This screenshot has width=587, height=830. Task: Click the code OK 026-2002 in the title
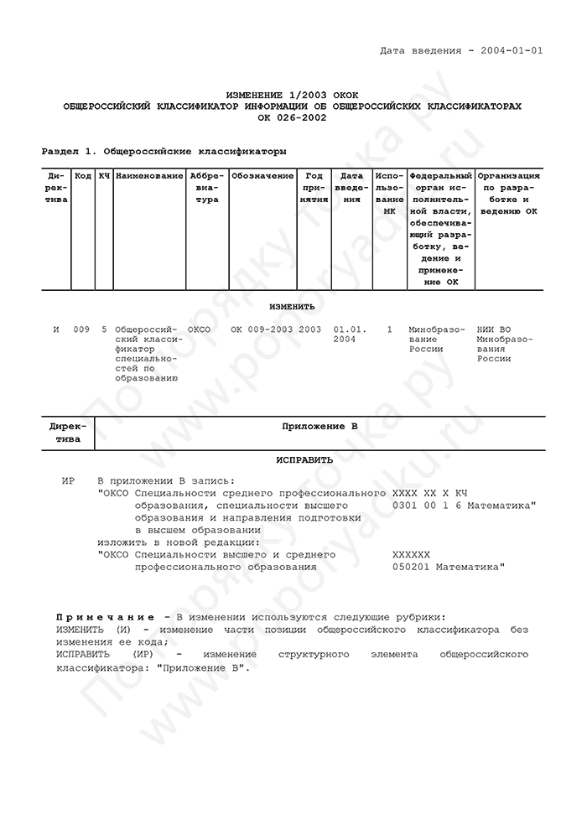click(292, 117)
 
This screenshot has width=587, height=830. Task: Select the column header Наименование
click(149, 176)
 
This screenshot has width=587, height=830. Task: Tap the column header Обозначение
click(262, 176)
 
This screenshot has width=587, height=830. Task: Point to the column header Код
click(83, 176)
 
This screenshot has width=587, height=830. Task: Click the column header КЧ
click(104, 176)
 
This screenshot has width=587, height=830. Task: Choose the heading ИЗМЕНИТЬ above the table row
click(292, 307)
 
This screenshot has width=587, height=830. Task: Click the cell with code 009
click(81, 329)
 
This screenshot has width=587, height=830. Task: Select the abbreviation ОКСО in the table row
click(200, 329)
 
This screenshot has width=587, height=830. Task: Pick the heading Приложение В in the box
click(319, 427)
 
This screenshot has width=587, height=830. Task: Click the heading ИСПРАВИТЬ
click(304, 459)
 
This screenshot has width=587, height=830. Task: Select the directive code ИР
click(69, 481)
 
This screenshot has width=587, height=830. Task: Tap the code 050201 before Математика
click(411, 567)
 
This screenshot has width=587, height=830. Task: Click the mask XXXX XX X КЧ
click(429, 494)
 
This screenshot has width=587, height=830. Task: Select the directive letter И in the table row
click(56, 329)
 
